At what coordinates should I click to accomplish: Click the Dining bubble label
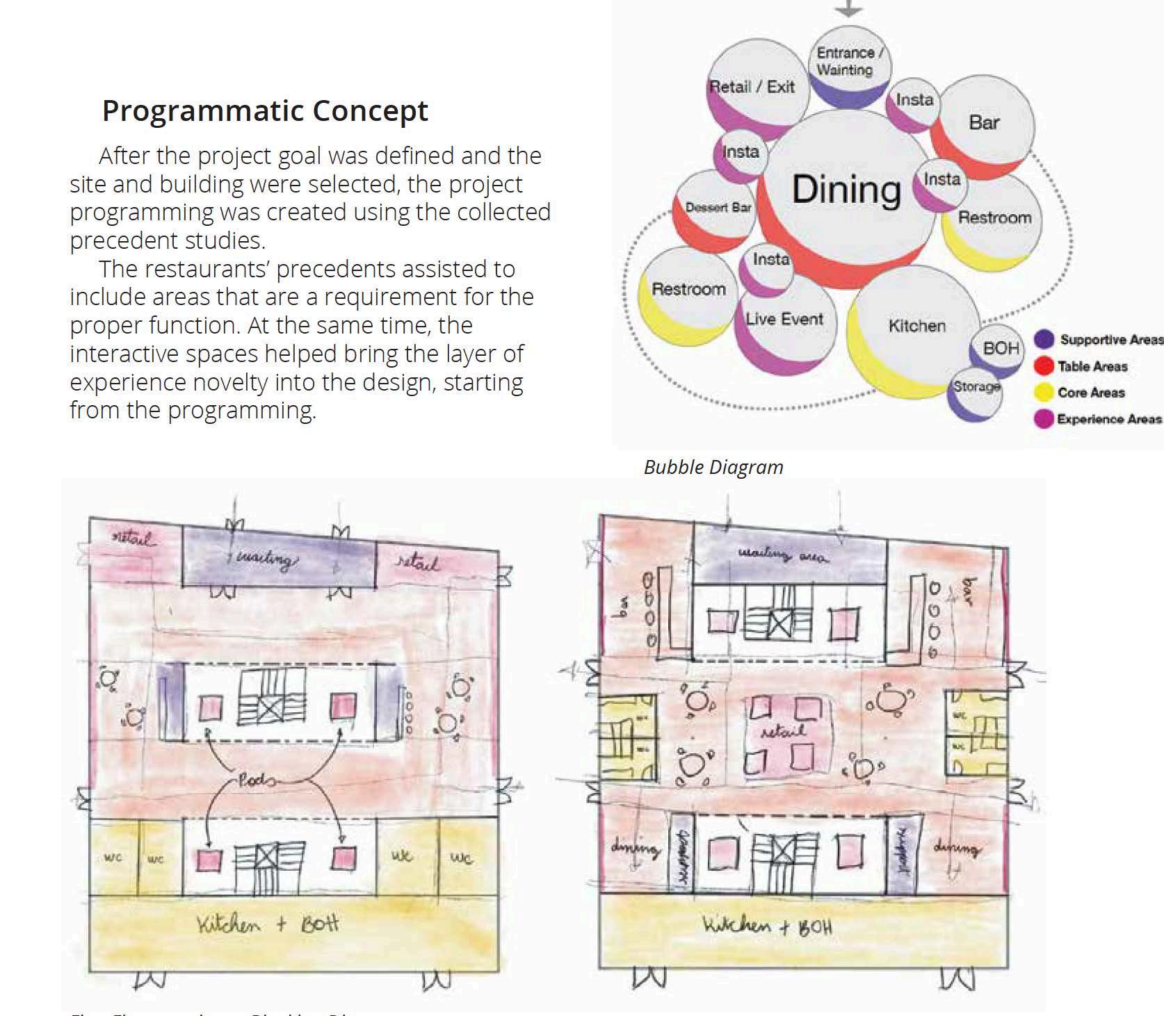[846, 189]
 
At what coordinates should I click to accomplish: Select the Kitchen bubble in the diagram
[917, 325]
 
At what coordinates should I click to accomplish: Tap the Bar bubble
[983, 122]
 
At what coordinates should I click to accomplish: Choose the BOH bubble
[1000, 348]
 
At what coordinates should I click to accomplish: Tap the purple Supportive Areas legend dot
[1044, 340]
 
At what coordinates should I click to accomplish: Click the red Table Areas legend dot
[1044, 366]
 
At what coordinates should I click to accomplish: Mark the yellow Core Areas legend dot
[1044, 393]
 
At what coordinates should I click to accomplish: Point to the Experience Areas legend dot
[1044, 419]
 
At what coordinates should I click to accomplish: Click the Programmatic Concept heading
[265, 110]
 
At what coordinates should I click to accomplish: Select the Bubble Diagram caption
[713, 467]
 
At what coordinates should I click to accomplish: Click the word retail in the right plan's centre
[783, 731]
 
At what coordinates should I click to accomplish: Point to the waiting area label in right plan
[783, 555]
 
